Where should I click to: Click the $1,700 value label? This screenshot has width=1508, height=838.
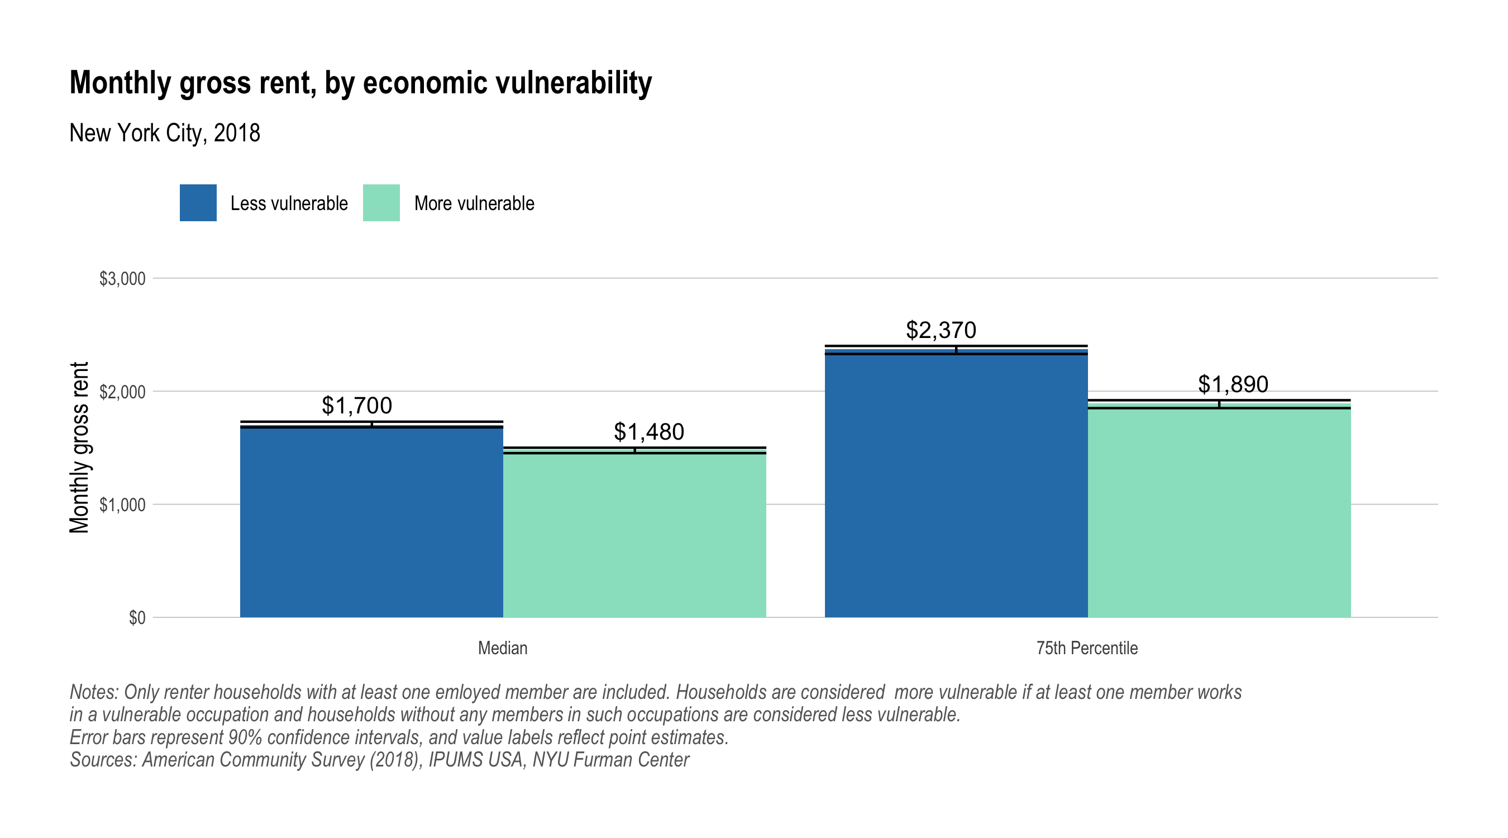point(356,405)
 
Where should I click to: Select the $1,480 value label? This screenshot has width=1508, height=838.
point(648,432)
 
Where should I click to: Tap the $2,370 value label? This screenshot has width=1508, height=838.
point(941,330)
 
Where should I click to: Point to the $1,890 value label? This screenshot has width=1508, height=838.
point(1233,384)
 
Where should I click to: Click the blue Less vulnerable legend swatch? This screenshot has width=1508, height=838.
point(198,203)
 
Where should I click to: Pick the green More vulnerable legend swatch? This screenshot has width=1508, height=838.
point(381,203)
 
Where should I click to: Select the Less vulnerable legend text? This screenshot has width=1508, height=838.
point(289,203)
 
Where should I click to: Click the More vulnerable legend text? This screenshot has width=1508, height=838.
point(474,203)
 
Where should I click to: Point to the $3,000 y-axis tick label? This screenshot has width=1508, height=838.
point(122,279)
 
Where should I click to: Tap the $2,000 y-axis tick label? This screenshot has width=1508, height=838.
point(122,392)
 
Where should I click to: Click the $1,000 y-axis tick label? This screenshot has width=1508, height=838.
point(122,505)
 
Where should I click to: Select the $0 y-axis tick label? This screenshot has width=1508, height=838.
point(137,618)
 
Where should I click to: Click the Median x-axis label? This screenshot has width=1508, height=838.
point(502,648)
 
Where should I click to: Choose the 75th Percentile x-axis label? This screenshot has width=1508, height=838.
point(1086,648)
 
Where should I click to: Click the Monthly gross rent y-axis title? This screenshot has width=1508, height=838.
point(80,447)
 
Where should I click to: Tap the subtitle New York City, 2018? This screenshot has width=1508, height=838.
point(165,133)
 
